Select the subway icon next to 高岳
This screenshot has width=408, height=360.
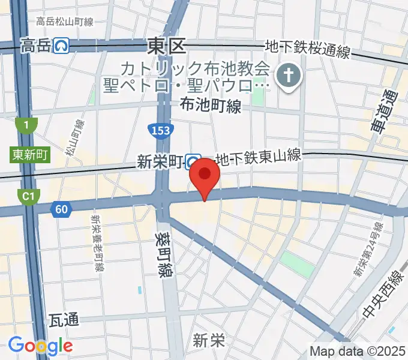59,44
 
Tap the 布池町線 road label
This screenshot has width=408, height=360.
211,106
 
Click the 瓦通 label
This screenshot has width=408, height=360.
64,319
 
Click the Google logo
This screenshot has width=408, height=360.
40,346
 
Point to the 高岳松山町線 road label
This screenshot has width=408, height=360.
64,22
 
